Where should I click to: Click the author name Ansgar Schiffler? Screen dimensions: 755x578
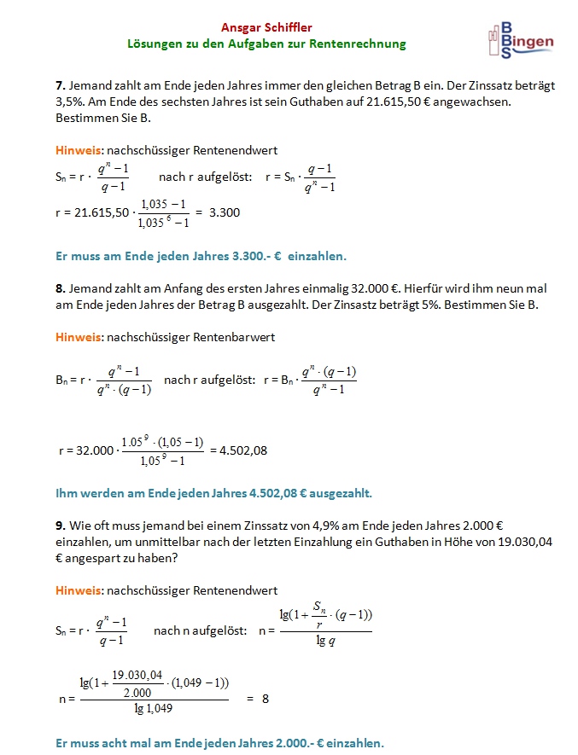point(266,27)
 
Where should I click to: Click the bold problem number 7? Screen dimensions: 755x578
point(59,85)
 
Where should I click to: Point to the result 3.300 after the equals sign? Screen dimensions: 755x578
point(225,212)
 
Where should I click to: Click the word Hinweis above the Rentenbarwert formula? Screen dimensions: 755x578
point(78,337)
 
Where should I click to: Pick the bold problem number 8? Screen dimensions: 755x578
point(59,289)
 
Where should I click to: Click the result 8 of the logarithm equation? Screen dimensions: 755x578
point(266,698)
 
